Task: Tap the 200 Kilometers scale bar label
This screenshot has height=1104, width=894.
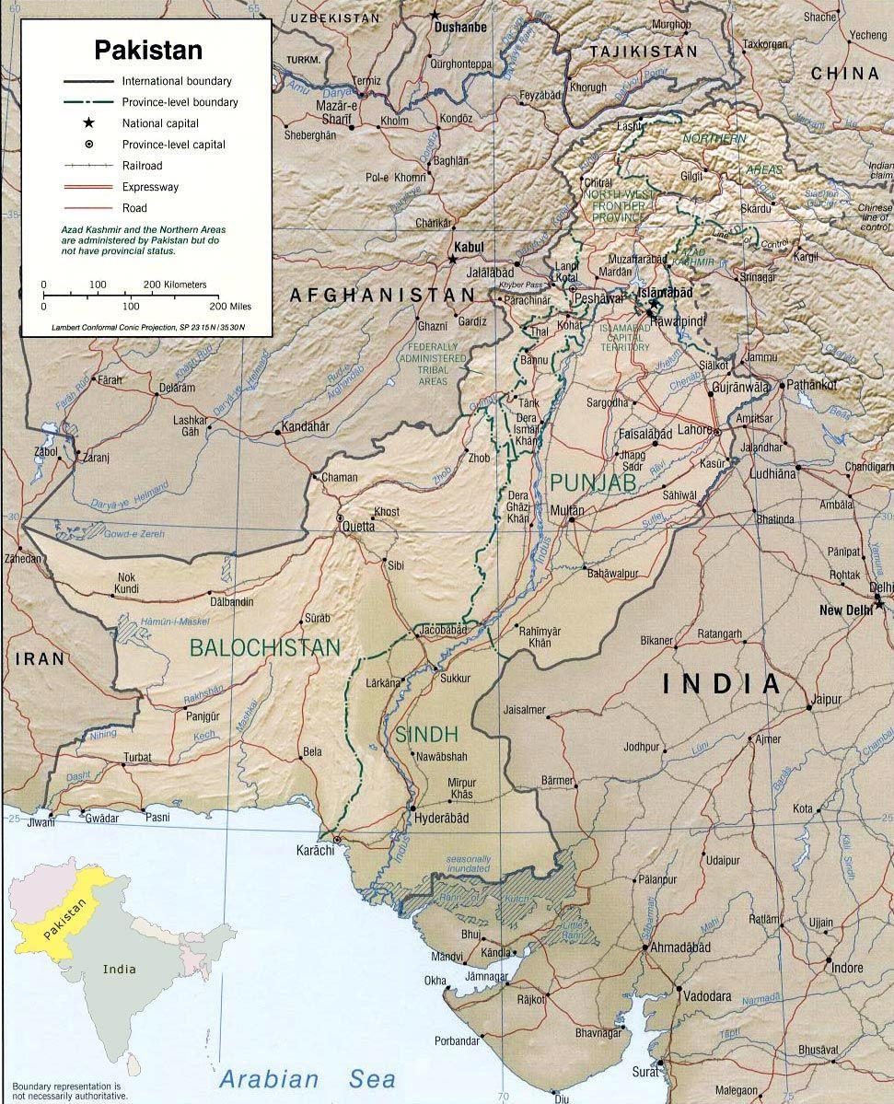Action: coord(175,285)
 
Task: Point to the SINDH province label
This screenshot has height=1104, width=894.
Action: coord(426,734)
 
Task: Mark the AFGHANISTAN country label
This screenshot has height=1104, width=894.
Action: coord(382,295)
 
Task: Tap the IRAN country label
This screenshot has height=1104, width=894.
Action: coord(40,658)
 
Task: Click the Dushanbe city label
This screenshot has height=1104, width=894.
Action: coord(457,28)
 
